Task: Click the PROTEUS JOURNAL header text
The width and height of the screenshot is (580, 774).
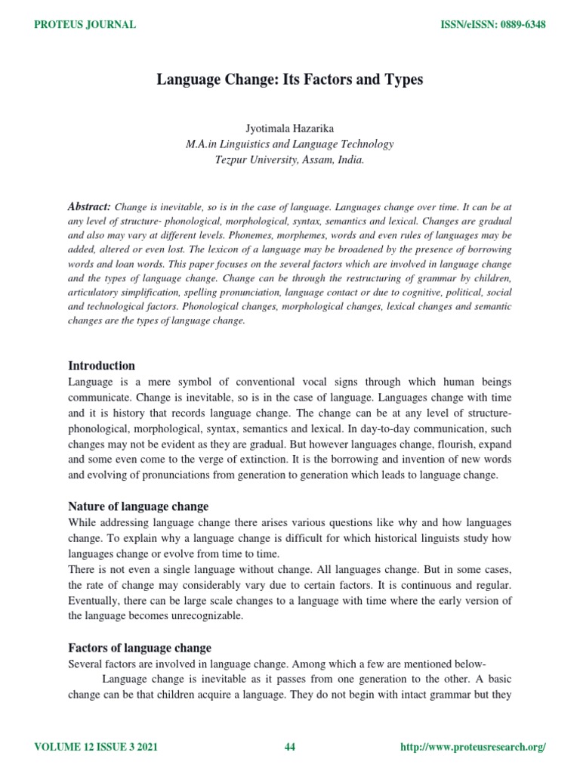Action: pos(85,25)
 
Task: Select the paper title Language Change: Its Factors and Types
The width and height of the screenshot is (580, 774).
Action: pos(290,79)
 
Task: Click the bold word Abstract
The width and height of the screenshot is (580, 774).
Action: pos(89,206)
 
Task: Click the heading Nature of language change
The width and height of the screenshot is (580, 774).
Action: pos(138,506)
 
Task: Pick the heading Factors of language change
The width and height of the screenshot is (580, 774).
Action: pos(140,648)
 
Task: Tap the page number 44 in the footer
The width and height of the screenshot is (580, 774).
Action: pos(290,748)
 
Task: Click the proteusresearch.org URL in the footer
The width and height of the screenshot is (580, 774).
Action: pos(472,748)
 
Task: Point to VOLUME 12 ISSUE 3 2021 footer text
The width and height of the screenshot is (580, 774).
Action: pos(96,748)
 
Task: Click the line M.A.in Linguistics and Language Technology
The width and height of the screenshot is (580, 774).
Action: pos(290,144)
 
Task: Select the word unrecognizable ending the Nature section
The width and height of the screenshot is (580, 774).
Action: pos(213,616)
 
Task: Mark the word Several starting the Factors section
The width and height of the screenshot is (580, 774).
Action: pos(85,664)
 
